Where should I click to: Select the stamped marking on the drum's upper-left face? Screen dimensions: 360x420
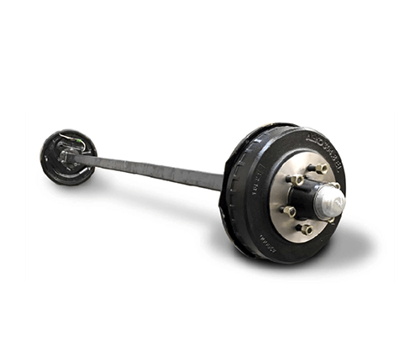point(260,173)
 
